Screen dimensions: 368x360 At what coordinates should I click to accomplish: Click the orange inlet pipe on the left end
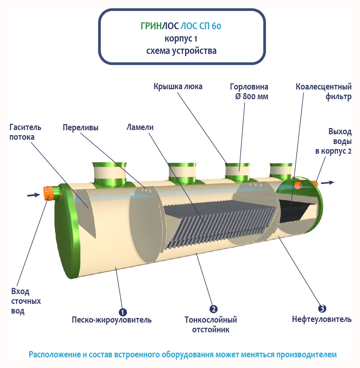(x=49, y=193)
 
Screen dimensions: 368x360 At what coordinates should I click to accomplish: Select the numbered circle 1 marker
(x=123, y=312)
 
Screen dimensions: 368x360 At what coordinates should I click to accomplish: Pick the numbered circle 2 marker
(x=213, y=309)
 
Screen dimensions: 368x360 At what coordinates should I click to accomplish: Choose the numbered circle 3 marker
(x=322, y=308)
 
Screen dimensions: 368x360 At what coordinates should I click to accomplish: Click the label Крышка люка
(x=178, y=87)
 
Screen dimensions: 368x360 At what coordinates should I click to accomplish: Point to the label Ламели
(x=140, y=127)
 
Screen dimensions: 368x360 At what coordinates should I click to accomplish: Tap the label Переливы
(x=81, y=127)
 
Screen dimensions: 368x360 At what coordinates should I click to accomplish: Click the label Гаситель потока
(x=25, y=132)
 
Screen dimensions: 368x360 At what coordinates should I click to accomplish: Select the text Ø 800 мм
(x=252, y=97)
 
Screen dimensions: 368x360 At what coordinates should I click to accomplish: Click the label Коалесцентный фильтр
(x=323, y=91)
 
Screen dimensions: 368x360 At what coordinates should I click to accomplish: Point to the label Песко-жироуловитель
(x=111, y=320)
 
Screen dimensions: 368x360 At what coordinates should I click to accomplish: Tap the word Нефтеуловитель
(x=321, y=319)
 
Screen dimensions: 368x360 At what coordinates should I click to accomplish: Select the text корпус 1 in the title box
(x=181, y=39)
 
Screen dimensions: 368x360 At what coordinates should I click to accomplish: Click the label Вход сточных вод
(x=26, y=301)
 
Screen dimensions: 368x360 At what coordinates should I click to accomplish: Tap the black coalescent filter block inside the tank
(x=293, y=211)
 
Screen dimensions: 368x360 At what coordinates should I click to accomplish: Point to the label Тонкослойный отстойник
(x=211, y=325)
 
